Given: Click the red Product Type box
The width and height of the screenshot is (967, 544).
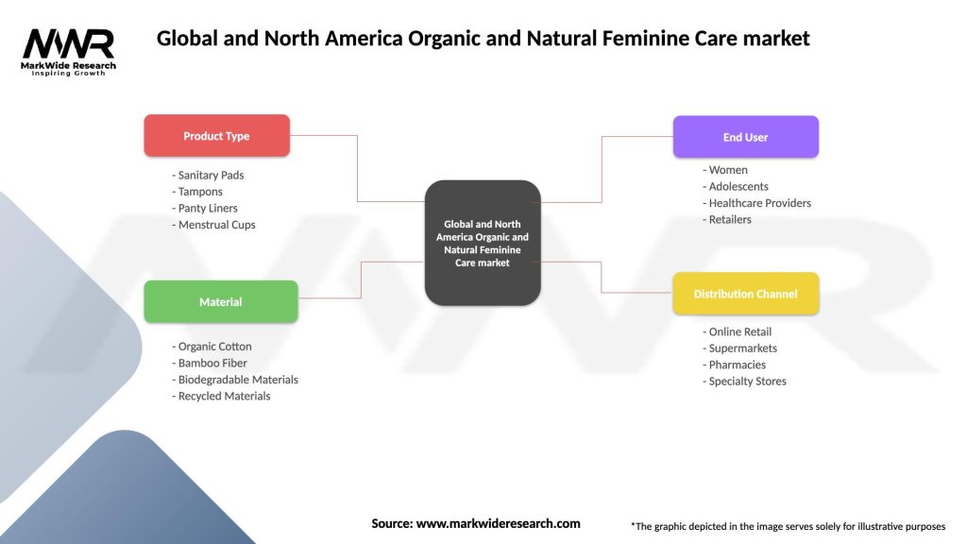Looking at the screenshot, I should coord(216,136).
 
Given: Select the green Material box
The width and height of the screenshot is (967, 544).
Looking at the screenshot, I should coord(220,302).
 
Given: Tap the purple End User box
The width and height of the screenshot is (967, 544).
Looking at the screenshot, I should coord(745,137).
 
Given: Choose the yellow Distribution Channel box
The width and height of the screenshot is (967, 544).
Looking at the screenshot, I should coord(745,294).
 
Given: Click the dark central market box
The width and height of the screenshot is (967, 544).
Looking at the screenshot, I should coord(483,243).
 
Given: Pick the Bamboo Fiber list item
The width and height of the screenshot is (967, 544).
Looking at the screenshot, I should coord(210,363).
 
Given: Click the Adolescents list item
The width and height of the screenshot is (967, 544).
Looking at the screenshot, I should coord(736,187).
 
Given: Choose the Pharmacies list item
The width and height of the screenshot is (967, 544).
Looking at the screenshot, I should coord(734,365).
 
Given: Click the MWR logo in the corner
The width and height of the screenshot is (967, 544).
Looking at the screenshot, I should coord(69,49).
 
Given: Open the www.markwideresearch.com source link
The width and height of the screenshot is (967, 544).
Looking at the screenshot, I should coord(498,523).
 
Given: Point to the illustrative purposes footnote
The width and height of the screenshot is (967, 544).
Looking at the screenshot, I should coord(788,526).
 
